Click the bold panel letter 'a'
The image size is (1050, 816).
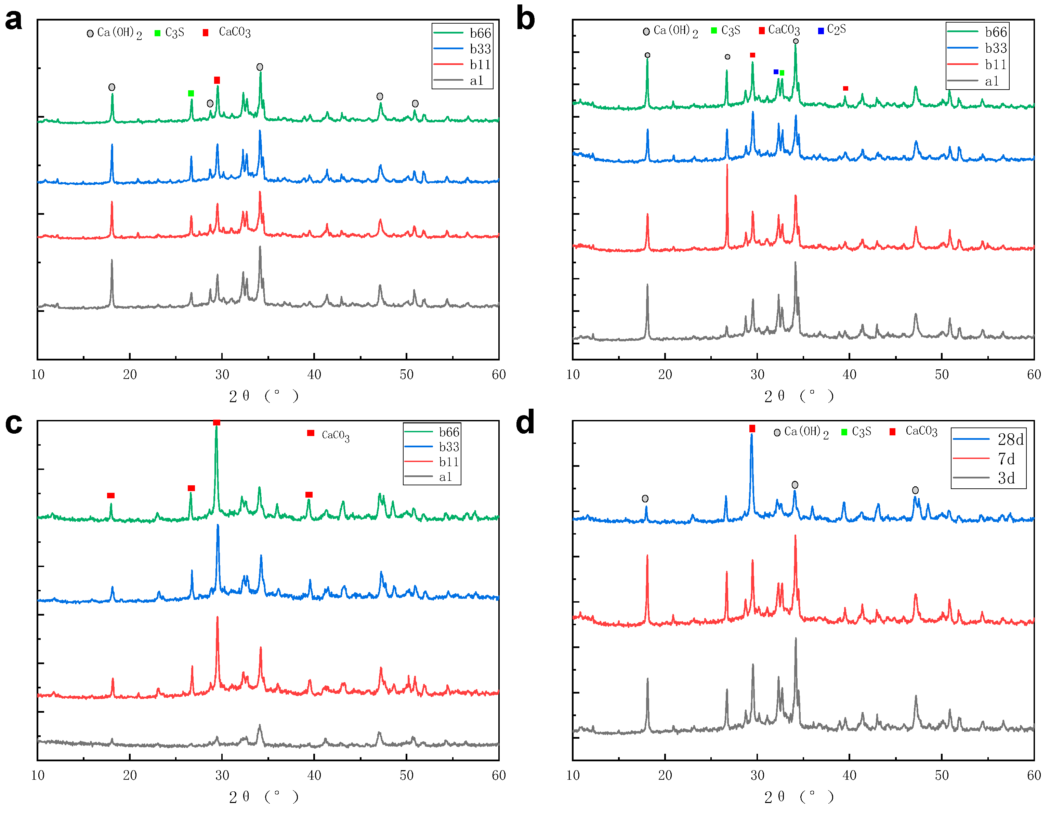(x=13, y=20)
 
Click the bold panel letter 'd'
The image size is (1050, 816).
(x=525, y=422)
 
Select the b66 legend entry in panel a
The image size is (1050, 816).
(x=480, y=33)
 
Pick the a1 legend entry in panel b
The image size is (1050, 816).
(x=992, y=81)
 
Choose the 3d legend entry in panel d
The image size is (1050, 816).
(x=1006, y=478)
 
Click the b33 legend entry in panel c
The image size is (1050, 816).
(x=448, y=447)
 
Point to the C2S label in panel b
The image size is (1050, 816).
(x=837, y=30)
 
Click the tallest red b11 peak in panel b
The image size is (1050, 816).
(x=727, y=166)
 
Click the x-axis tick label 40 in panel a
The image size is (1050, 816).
(x=314, y=374)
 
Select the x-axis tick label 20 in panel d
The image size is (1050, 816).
(x=665, y=775)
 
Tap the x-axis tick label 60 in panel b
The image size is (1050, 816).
(x=1034, y=374)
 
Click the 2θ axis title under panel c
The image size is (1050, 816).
(x=263, y=797)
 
